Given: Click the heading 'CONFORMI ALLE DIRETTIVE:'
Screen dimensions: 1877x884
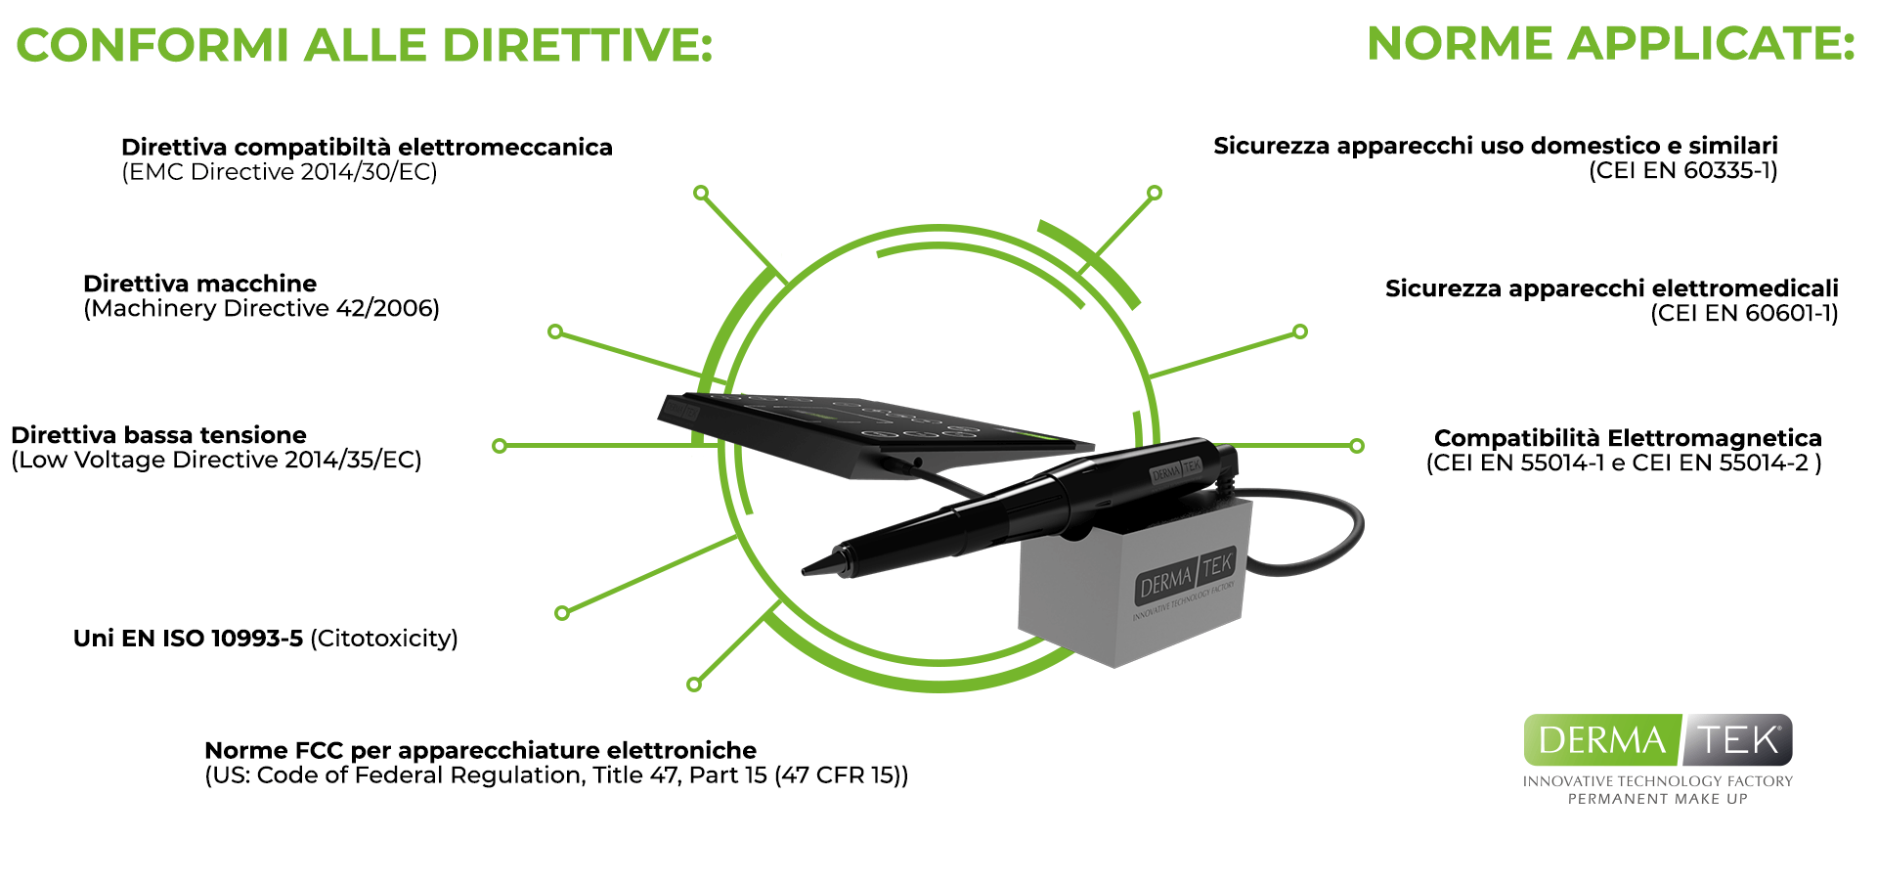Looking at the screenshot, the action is [x=364, y=45].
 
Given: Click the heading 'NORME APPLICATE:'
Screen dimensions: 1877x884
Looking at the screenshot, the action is [x=1610, y=44].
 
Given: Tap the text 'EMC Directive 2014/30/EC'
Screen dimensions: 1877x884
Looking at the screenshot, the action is [x=280, y=172].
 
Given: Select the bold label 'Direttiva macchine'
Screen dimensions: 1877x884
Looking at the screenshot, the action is [x=200, y=284].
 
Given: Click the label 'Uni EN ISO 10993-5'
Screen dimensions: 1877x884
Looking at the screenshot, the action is [x=188, y=639].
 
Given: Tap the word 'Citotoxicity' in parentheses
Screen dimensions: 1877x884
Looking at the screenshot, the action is [x=384, y=639].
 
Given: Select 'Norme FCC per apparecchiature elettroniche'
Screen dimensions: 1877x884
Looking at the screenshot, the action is [x=480, y=750].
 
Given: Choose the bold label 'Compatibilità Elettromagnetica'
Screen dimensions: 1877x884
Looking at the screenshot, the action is [x=1628, y=438].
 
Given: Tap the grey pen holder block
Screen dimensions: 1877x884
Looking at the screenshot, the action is [x=1134, y=582].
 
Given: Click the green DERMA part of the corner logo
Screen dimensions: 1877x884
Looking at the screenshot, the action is [x=1602, y=740].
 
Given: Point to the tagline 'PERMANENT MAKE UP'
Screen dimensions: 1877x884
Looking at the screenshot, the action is [x=1658, y=799].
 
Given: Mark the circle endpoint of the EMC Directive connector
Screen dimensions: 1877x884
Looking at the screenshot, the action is [x=701, y=194].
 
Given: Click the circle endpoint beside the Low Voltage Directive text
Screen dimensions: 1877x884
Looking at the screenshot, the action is [x=500, y=446].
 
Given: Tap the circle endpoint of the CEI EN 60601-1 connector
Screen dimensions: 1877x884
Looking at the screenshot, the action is [x=1300, y=331].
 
